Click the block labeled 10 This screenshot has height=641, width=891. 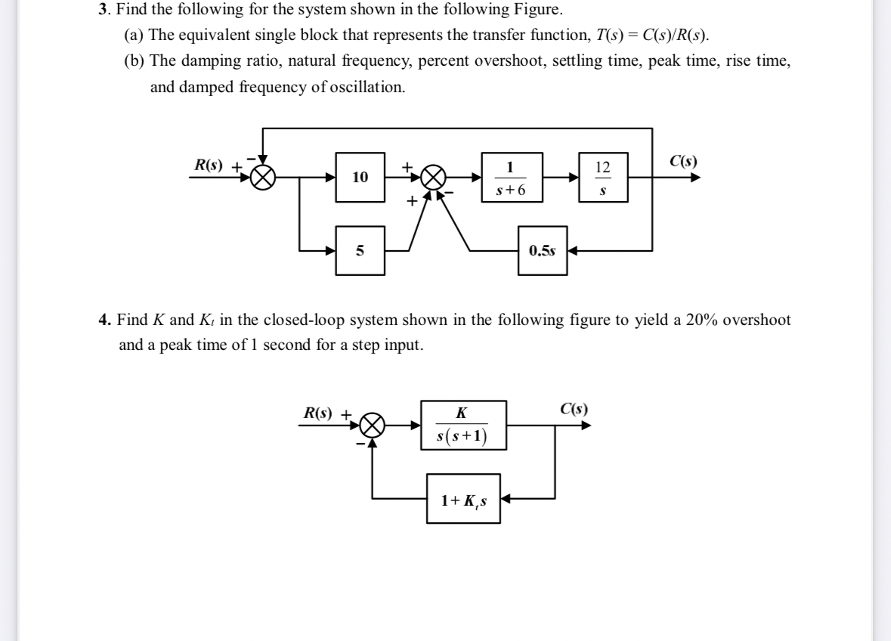(x=360, y=178)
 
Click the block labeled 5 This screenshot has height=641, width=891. (x=360, y=251)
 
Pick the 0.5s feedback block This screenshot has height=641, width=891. (x=543, y=251)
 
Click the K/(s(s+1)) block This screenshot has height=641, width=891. (x=462, y=426)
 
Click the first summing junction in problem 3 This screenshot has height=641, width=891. (x=262, y=178)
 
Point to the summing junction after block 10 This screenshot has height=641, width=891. (x=432, y=178)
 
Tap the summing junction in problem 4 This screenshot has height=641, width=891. (x=371, y=426)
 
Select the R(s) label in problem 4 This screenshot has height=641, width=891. (x=317, y=413)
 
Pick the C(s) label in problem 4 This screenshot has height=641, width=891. (x=574, y=410)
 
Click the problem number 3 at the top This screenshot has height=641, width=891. (x=103, y=11)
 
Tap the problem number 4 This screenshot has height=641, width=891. (x=103, y=320)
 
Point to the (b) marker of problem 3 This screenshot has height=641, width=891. (x=133, y=62)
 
